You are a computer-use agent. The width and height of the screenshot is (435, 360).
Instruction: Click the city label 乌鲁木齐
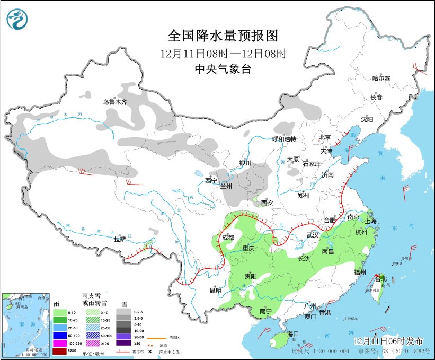click(115, 101)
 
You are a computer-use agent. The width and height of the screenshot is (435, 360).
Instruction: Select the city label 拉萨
click(120, 239)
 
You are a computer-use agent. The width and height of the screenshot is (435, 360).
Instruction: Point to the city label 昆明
click(215, 290)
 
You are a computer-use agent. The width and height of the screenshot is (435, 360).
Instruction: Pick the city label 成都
click(228, 238)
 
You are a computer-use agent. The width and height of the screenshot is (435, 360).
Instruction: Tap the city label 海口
click(293, 333)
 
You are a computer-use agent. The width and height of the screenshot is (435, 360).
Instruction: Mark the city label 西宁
click(211, 181)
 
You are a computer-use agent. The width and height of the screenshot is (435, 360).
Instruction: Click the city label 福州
click(360, 272)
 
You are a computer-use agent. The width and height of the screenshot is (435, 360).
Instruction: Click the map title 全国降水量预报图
click(223, 36)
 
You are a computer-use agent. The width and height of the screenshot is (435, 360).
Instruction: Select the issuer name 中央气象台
click(223, 68)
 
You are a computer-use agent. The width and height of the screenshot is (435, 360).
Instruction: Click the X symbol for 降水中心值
click(150, 351)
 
